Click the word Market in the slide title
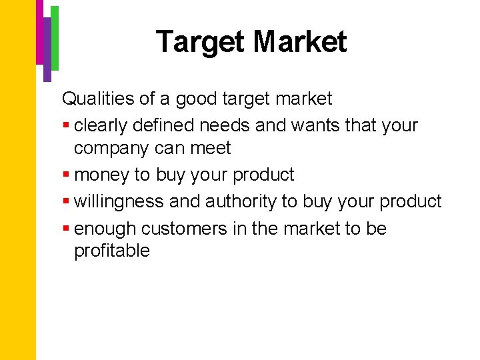click(x=300, y=42)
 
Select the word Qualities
click(x=99, y=99)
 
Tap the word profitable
click(x=112, y=251)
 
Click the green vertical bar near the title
click(x=55, y=37)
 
